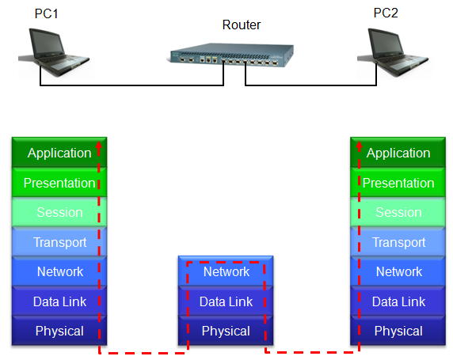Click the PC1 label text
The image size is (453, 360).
pyautogui.click(x=47, y=13)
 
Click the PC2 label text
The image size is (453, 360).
pyautogui.click(x=386, y=13)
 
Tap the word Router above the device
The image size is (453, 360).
pyautogui.click(x=242, y=25)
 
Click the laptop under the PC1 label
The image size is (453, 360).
pyautogui.click(x=55, y=52)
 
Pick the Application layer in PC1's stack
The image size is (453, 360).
pyautogui.click(x=59, y=153)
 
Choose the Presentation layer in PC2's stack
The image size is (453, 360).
pyautogui.click(x=398, y=183)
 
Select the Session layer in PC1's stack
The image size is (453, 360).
pyautogui.click(x=59, y=212)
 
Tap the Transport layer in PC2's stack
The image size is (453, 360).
pyautogui.click(x=398, y=242)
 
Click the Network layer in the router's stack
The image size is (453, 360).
pyautogui.click(x=226, y=271)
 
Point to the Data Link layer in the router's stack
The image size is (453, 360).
pyautogui.click(x=226, y=301)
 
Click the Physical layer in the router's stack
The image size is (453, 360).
pyautogui.click(x=226, y=331)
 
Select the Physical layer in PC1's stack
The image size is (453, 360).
pyautogui.click(x=59, y=331)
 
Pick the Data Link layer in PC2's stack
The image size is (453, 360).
pyautogui.click(x=398, y=301)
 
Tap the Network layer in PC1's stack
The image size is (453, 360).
pyautogui.click(x=59, y=271)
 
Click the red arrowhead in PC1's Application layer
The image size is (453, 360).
pyautogui.click(x=99, y=145)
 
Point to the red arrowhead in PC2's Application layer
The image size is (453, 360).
pyautogui.click(x=359, y=145)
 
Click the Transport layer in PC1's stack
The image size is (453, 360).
pyautogui.click(x=59, y=242)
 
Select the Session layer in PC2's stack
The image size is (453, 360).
pyautogui.click(x=398, y=212)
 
